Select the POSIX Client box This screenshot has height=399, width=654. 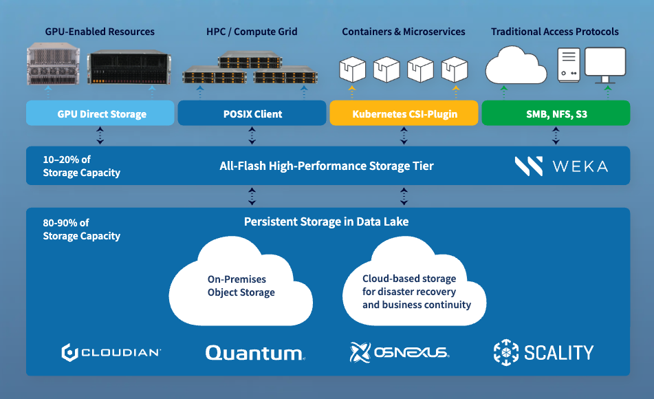click(x=252, y=114)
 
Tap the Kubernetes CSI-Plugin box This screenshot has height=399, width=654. click(x=404, y=114)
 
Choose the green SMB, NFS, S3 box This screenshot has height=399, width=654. click(x=556, y=114)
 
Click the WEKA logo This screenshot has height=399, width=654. click(x=561, y=166)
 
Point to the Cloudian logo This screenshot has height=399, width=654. click(x=111, y=353)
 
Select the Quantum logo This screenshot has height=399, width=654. click(x=255, y=353)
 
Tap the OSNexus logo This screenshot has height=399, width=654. click(x=400, y=353)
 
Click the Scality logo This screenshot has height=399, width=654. click(x=543, y=353)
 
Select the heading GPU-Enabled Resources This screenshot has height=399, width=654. click(x=100, y=32)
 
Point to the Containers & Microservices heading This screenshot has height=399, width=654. click(x=404, y=32)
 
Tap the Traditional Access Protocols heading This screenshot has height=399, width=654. click(x=555, y=32)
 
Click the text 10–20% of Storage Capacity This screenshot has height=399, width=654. click(x=81, y=166)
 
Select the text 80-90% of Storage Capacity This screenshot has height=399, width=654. click(x=81, y=229)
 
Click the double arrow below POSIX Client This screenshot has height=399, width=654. click(x=252, y=136)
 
